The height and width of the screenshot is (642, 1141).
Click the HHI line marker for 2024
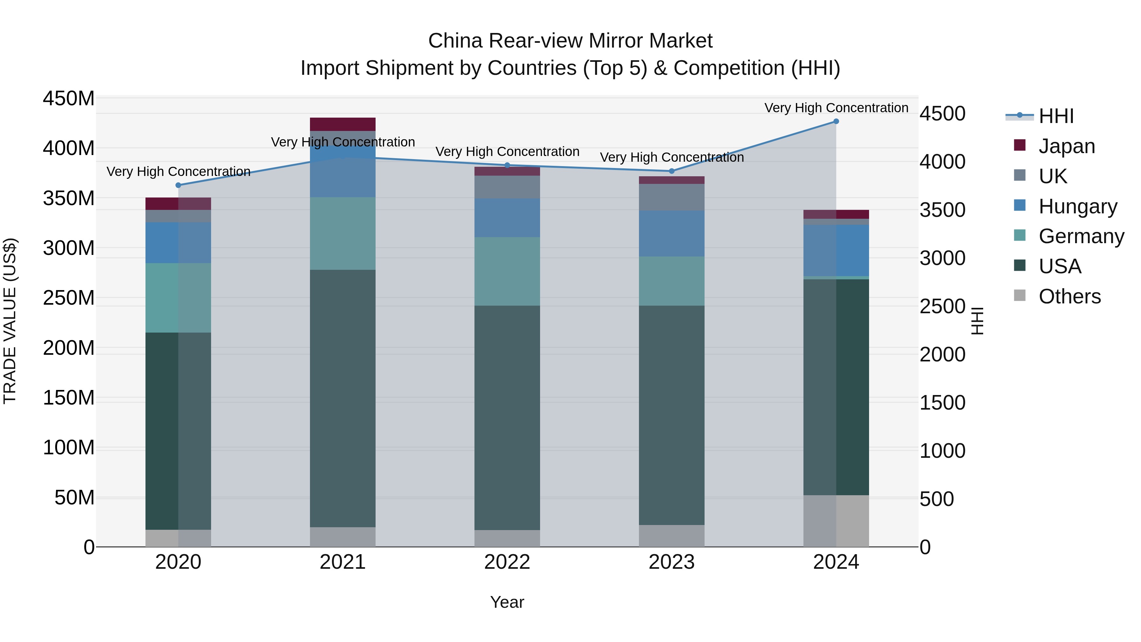836,121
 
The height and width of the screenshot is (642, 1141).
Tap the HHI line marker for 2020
178,185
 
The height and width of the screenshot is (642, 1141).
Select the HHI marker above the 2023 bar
672,171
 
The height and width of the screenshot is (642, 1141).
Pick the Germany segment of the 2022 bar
507,271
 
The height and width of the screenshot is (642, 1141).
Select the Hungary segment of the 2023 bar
672,233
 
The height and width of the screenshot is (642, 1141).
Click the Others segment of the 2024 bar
836,521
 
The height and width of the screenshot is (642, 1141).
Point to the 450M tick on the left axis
69,98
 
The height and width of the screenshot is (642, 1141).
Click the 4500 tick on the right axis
942,114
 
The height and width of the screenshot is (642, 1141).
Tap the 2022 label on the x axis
507,562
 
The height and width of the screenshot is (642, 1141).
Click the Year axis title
507,602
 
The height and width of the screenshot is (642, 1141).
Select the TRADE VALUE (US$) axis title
10,321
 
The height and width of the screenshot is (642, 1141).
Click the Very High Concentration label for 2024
836,108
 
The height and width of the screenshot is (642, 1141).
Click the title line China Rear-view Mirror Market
570,41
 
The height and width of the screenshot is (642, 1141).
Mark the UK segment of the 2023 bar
672,197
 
